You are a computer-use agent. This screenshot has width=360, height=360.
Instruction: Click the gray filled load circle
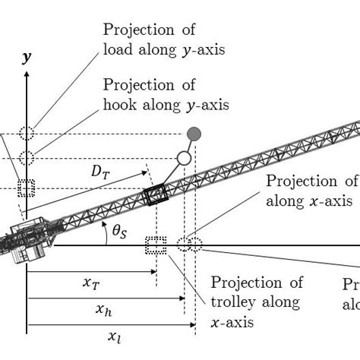coord(194,134)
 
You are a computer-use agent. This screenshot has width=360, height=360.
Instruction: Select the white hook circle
coord(183,158)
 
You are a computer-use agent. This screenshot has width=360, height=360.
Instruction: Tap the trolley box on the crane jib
coord(156,195)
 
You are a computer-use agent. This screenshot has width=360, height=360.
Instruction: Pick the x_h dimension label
coord(106,309)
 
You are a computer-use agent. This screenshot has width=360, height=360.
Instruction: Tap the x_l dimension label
coord(114,336)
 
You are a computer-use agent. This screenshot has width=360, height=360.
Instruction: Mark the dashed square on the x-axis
coord(156,245)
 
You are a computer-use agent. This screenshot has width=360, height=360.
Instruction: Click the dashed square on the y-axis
coord(27,188)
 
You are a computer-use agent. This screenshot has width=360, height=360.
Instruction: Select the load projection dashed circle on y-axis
coord(27,133)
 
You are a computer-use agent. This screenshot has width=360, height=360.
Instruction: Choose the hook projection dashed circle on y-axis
coord(27,158)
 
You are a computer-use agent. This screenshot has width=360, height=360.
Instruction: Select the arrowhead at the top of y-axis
coord(27,75)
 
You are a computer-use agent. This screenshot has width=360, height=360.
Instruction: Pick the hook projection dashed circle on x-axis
coord(183,245)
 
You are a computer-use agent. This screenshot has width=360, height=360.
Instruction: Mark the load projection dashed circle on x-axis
coord(195,245)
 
